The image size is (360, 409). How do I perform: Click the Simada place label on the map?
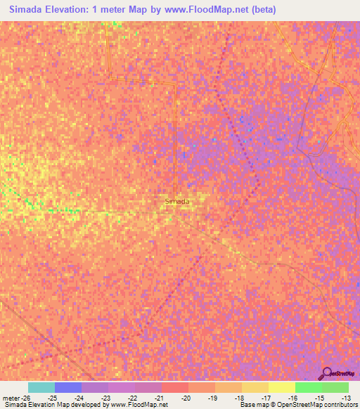[176, 202]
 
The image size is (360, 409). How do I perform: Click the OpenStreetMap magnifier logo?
[327, 374]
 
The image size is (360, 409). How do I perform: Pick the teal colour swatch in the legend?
[41, 387]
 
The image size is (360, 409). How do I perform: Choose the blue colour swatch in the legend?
[68, 387]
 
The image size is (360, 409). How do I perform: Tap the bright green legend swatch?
[308, 387]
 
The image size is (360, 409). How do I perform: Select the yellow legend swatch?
[281, 387]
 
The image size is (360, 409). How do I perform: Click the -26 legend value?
[26, 398]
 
